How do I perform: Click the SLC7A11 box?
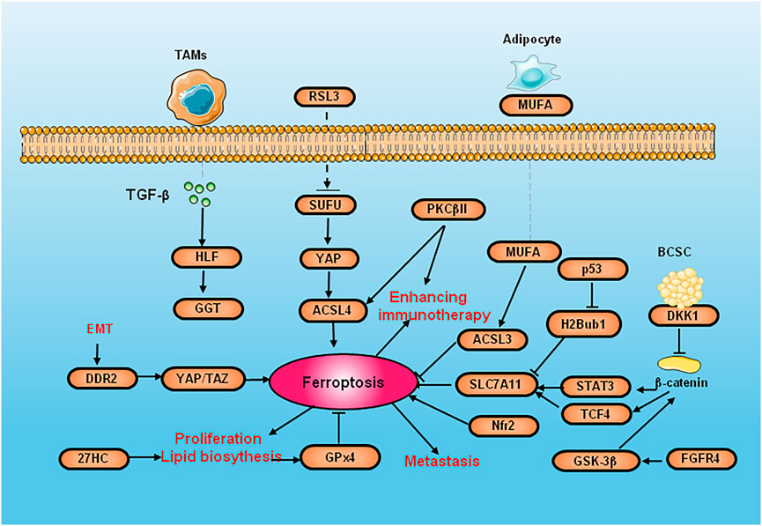click(496, 383)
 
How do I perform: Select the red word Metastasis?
click(442, 460)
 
